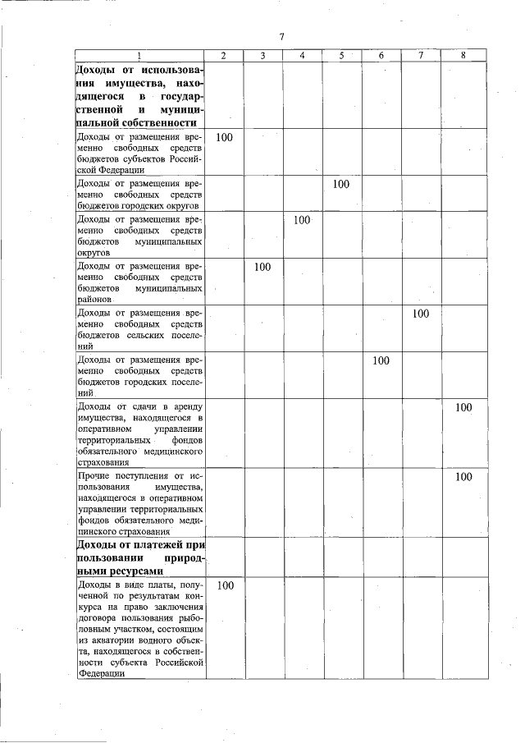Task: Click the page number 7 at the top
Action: coord(281,37)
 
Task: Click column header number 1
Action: coord(139,56)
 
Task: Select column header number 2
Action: coord(225,56)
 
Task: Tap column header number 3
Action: coord(262,56)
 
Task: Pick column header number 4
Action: coord(303,56)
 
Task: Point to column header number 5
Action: coord(342,56)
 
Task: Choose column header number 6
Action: coord(381,56)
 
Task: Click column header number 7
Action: coord(421,56)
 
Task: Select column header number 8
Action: coord(463,56)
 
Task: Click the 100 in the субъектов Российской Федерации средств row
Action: coord(225,137)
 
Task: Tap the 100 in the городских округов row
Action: coord(342,184)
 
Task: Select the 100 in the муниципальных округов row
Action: coord(302,220)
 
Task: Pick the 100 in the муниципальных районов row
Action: coord(262,268)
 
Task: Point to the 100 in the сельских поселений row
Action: coord(421,314)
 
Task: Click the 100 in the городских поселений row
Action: coord(381,360)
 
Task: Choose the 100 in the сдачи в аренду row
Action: coord(463,407)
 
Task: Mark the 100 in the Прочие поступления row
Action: coord(463,477)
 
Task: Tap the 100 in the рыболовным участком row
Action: coord(225,585)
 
